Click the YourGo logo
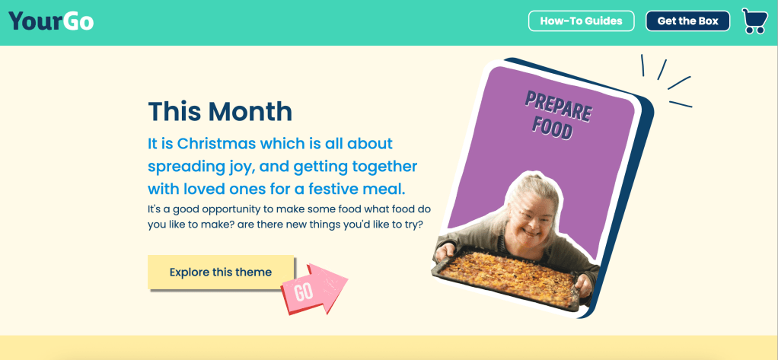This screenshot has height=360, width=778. pos(51,21)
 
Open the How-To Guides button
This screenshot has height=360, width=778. pos(581,21)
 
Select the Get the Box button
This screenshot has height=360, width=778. pos(687,21)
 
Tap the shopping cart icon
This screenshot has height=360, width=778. pos(754,21)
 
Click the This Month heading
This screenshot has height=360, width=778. pos(220,111)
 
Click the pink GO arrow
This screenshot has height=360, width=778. pos(314,289)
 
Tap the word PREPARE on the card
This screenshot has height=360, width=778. pos(558,106)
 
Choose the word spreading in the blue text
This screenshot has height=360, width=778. pos(184,167)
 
